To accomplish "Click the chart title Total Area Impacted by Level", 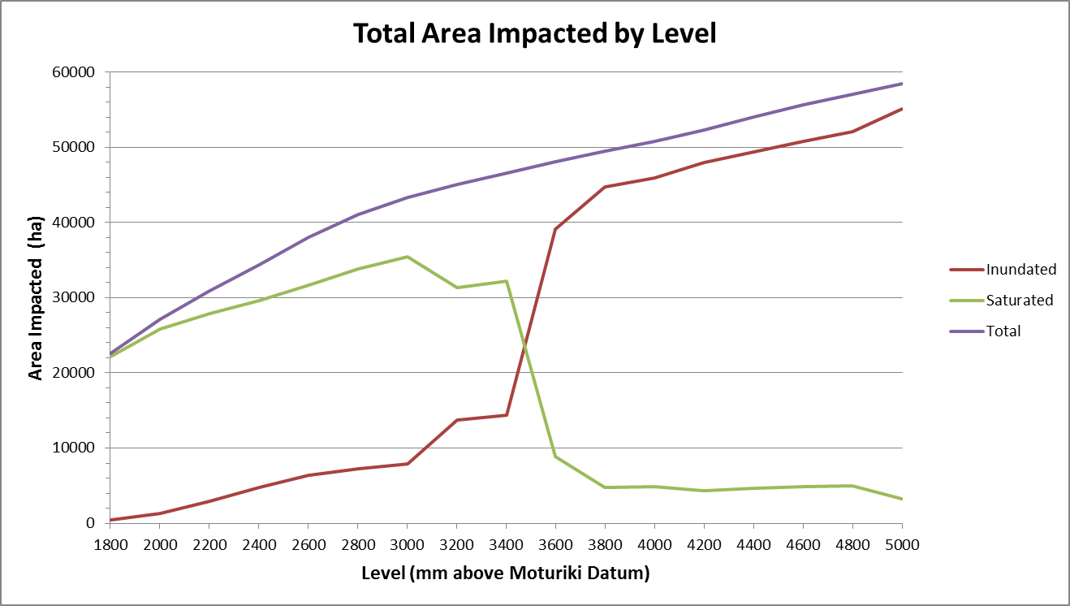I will click(x=535, y=33).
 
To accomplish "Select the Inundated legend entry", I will click(x=1021, y=270).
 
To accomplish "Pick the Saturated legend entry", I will click(x=1019, y=301).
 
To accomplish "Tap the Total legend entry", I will click(x=1003, y=331).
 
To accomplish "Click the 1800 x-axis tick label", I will click(x=110, y=545).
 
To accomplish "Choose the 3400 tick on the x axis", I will click(x=507, y=545).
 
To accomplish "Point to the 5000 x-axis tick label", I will click(x=903, y=545).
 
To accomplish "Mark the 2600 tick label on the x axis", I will click(x=308, y=545).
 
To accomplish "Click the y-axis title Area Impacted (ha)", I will click(x=37, y=297).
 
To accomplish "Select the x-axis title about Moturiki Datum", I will click(x=506, y=574).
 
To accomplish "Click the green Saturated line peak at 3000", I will click(x=408, y=257).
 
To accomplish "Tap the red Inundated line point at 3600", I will click(x=555, y=229).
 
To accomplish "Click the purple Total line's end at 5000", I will click(x=903, y=84).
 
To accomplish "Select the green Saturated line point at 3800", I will click(x=605, y=487).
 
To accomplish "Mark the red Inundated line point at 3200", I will click(x=457, y=420).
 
